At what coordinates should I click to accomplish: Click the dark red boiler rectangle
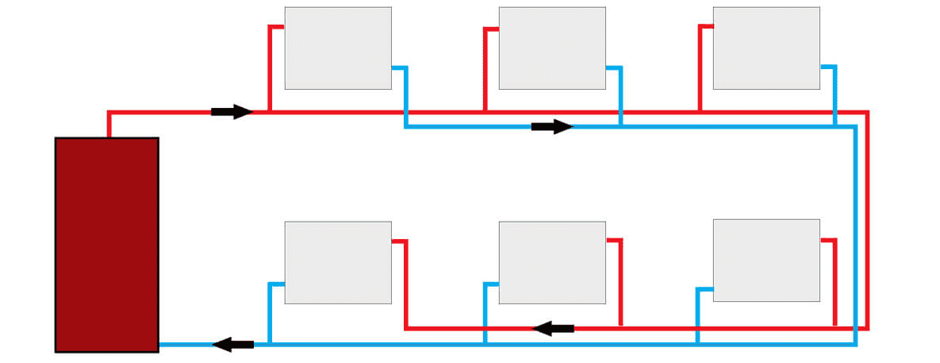[106, 244]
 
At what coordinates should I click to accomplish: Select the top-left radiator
[338, 48]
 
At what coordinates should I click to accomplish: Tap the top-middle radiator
[552, 48]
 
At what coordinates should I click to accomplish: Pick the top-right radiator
[766, 48]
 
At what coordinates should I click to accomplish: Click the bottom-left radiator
[338, 262]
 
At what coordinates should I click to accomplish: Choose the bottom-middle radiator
[552, 262]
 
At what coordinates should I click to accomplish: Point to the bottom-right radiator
[766, 261]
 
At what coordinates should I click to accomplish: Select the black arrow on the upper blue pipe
[552, 127]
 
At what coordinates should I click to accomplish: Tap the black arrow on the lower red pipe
[554, 327]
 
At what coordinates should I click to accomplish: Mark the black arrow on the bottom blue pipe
[233, 344]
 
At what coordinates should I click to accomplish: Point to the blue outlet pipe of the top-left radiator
[405, 95]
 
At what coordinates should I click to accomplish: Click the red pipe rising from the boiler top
[108, 124]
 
